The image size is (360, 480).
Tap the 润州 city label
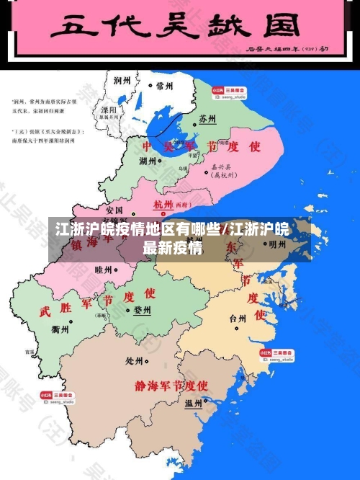[123, 81]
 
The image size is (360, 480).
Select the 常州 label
[164, 85]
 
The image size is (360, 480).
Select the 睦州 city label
[104, 269]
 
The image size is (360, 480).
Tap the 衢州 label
[61, 329]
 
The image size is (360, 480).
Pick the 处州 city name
[135, 360]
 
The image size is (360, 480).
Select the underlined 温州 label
[193, 402]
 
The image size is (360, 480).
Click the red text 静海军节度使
[171, 386]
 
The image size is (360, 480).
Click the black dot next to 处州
[148, 361]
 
